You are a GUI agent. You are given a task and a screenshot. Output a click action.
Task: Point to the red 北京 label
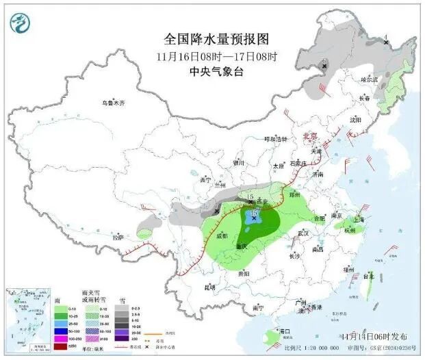312,136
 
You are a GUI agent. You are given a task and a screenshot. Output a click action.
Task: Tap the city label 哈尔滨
369,79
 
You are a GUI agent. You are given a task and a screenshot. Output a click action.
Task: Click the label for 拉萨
118,237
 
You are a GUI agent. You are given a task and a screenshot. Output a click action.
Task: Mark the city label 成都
222,236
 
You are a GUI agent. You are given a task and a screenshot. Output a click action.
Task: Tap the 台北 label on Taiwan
369,276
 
